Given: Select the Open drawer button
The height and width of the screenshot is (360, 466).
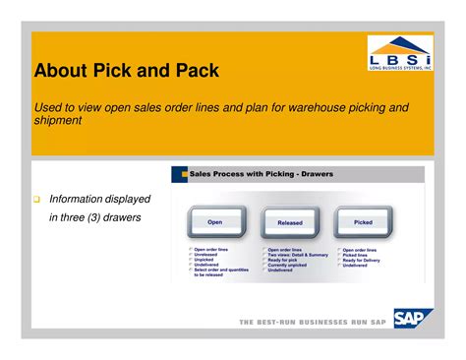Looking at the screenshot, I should [215, 222].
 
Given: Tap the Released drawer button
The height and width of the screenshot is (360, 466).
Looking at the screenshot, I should [290, 222].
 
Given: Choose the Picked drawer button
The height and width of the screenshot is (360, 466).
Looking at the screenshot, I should [363, 222].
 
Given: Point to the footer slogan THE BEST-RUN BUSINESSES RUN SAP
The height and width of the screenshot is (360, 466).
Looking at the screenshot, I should [313, 322].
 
